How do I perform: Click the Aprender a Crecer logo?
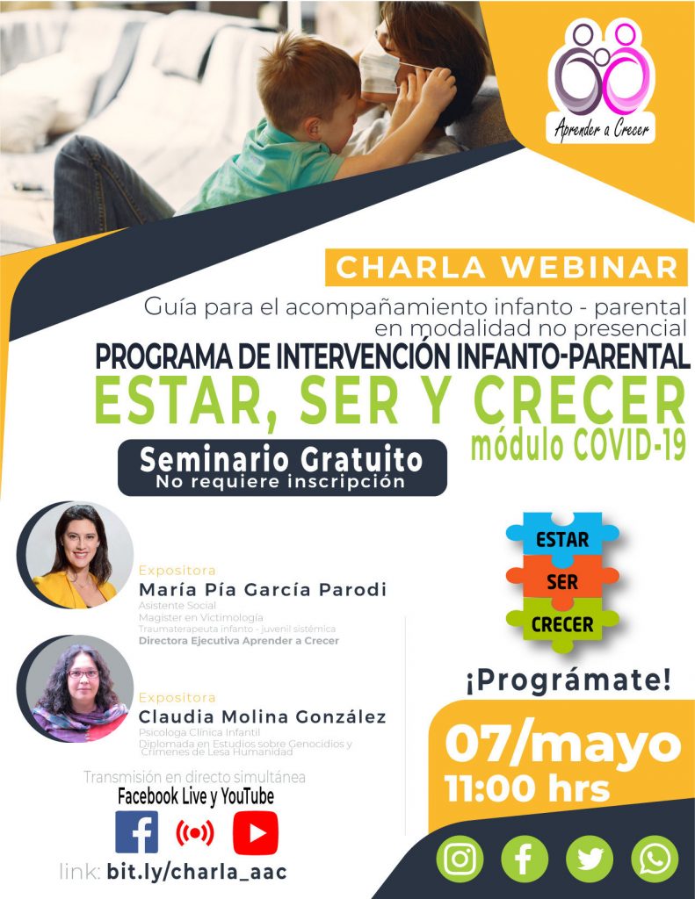tap(601, 80)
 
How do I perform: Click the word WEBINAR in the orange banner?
tap(590, 268)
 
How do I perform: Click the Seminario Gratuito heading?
tap(281, 460)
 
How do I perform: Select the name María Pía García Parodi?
tap(263, 589)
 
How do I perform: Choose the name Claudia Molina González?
tap(263, 716)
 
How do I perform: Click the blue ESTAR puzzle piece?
tap(561, 536)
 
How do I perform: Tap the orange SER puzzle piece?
tap(561, 581)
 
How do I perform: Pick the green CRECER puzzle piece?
tap(561, 625)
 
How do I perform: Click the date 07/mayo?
tap(563, 744)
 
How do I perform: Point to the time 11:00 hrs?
tap(527, 788)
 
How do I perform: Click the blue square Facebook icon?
tap(136, 832)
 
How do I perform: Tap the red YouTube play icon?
tap(256, 832)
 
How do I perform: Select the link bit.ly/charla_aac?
tap(197, 872)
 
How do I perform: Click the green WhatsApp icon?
tap(655, 859)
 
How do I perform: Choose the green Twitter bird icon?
tap(590, 859)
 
